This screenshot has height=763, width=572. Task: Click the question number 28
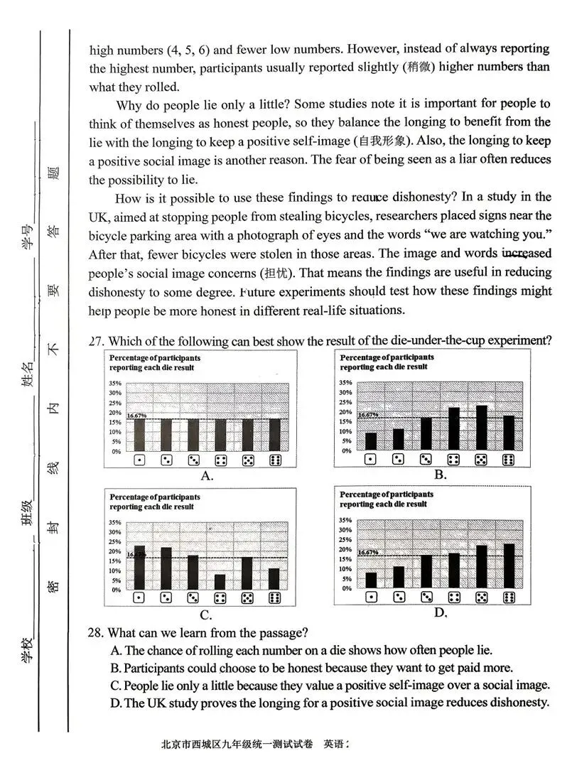click(97, 632)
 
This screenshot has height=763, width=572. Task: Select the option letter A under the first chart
click(207, 476)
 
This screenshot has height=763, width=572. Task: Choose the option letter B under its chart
click(441, 475)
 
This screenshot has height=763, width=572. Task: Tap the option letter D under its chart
click(441, 612)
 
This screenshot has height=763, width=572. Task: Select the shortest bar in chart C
click(220, 582)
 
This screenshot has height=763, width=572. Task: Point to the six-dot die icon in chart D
click(509, 597)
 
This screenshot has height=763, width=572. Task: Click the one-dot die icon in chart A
click(139, 460)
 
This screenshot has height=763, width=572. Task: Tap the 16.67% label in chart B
click(367, 415)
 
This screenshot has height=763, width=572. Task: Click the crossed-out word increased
click(526, 254)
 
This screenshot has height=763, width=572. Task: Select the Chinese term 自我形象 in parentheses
click(380, 141)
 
